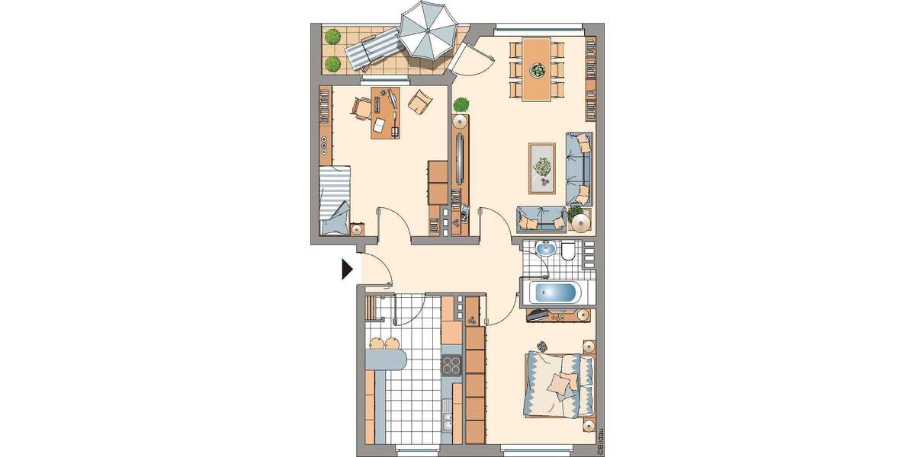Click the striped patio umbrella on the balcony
pyautogui.click(x=429, y=30)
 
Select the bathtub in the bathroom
pyautogui.click(x=554, y=292)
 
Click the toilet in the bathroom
pyautogui.click(x=569, y=251)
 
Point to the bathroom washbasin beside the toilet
pyautogui.click(x=545, y=248)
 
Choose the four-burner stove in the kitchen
pyautogui.click(x=452, y=365)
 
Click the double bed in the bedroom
pyautogui.click(x=559, y=385)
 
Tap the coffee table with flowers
pyautogui.click(x=543, y=168)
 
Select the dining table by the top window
pyautogui.click(x=538, y=69)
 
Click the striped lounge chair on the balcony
pyautogui.click(x=373, y=50)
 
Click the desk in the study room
pyautogui.click(x=386, y=113)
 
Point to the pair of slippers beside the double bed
pyautogui.click(x=541, y=347)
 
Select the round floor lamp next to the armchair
pyautogui.click(x=581, y=222)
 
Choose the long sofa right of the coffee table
pyautogui.click(x=579, y=168)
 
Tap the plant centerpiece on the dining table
pyautogui.click(x=538, y=71)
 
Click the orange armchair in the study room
pyautogui.click(x=419, y=101)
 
